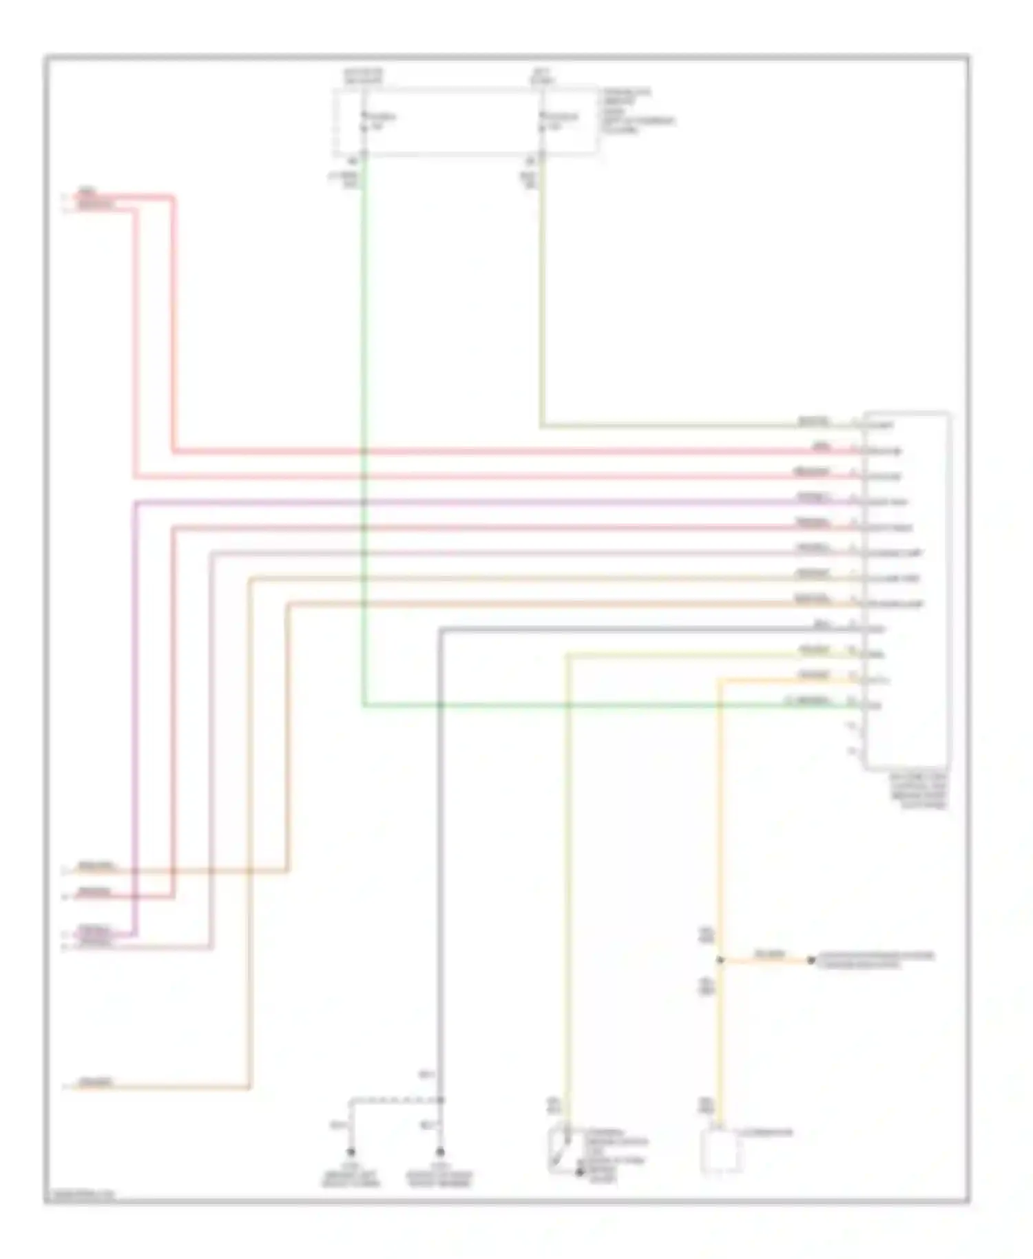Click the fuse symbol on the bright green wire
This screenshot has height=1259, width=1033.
(x=364, y=121)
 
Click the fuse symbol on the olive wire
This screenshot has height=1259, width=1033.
(x=543, y=121)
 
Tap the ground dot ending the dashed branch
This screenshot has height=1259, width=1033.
(x=351, y=1152)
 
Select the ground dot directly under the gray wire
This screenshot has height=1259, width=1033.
(x=440, y=1152)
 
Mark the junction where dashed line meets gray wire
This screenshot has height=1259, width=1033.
(x=440, y=1100)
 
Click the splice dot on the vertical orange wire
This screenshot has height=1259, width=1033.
(x=720, y=960)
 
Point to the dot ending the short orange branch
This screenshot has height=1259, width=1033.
(x=811, y=960)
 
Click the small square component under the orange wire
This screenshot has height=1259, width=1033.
(x=720, y=1151)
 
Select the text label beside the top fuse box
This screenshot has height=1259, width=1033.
(x=636, y=111)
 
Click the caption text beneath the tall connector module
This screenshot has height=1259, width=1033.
(x=919, y=790)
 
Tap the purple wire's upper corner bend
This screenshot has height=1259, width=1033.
(x=136, y=503)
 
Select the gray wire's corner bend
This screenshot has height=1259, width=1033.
(x=441, y=629)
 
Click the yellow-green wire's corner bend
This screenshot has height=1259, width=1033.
(x=567, y=655)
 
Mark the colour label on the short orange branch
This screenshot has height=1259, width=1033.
(x=769, y=955)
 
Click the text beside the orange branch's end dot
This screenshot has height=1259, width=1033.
(x=875, y=959)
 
